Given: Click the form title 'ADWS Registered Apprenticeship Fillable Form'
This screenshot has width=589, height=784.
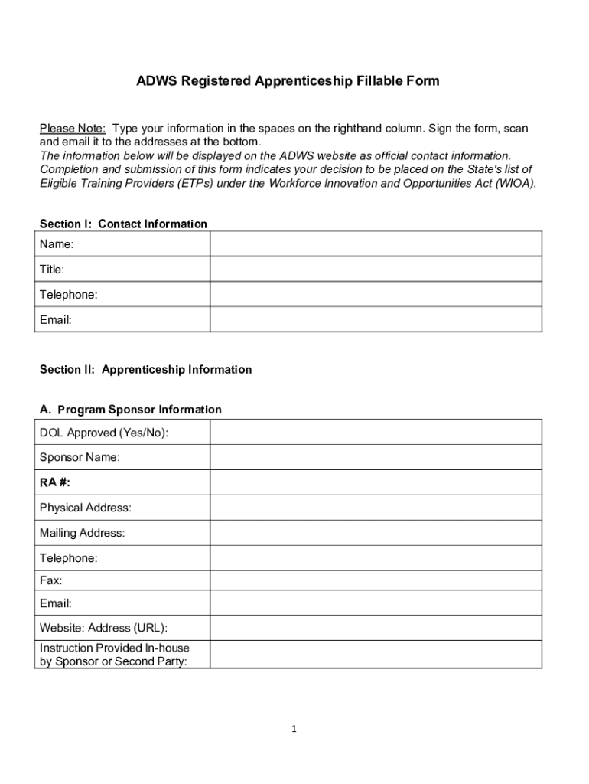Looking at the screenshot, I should (x=288, y=80).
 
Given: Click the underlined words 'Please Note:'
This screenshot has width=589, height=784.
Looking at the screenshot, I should (x=73, y=128).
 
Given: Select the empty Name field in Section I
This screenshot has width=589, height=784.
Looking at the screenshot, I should (x=376, y=244).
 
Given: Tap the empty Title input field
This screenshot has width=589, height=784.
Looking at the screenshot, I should (x=376, y=269).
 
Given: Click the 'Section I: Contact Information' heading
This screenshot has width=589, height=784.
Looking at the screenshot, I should (x=123, y=224).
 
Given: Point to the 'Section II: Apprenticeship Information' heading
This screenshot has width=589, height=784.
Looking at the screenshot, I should (x=145, y=370).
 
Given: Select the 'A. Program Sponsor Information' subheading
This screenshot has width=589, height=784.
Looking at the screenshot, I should (x=131, y=410).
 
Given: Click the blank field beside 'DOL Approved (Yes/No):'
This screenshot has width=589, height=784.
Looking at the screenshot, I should (x=376, y=433).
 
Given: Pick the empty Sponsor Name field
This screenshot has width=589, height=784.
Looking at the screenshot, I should (x=376, y=458).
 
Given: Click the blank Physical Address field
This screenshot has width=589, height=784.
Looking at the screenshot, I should (x=376, y=508).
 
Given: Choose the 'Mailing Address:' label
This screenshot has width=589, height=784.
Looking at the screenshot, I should (x=82, y=533).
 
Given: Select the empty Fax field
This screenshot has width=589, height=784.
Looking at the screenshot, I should (x=376, y=580).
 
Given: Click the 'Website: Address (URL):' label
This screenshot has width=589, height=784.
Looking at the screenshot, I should (x=103, y=629).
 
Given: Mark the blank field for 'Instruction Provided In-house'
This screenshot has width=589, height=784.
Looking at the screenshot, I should (x=376, y=655).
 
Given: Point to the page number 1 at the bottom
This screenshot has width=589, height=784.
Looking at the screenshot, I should (x=294, y=729).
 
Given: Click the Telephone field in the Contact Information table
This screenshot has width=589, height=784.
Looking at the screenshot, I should (x=376, y=295).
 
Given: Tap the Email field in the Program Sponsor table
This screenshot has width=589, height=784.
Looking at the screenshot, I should (x=376, y=604).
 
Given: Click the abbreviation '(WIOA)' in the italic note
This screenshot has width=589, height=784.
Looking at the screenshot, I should (x=513, y=184).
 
